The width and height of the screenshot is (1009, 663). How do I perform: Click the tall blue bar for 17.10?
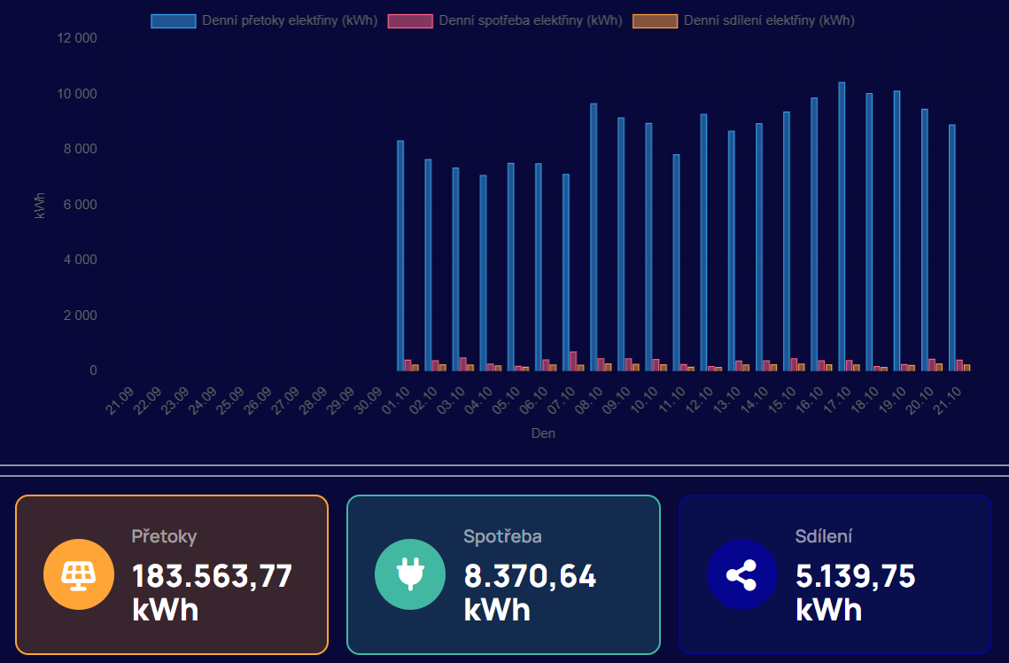click(x=842, y=226)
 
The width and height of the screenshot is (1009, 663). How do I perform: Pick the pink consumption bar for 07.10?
click(x=573, y=361)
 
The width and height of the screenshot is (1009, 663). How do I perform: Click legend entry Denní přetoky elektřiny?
click(x=263, y=20)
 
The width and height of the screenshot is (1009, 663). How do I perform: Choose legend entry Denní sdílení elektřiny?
click(x=744, y=20)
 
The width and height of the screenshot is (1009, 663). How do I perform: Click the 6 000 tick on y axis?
click(x=80, y=205)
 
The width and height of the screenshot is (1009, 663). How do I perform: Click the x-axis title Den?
click(x=543, y=433)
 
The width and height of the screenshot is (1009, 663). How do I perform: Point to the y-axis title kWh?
click(x=40, y=205)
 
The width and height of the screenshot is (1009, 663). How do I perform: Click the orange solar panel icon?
click(x=79, y=574)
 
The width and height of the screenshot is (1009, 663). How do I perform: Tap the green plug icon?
click(x=410, y=574)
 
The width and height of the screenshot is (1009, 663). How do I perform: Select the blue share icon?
click(x=741, y=574)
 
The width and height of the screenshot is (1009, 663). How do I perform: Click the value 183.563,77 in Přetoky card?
click(x=212, y=576)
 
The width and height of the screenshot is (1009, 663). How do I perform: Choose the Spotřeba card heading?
click(x=502, y=536)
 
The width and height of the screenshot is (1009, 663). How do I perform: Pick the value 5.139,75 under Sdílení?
click(x=855, y=576)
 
